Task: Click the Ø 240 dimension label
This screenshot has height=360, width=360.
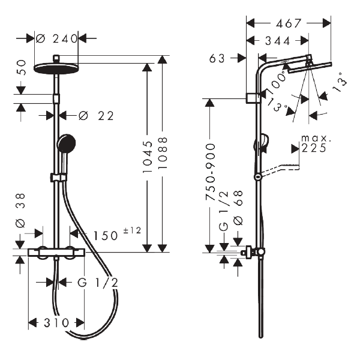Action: (57, 38)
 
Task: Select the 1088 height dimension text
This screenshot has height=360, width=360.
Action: (162, 154)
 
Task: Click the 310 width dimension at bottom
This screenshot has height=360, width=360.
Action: (56, 323)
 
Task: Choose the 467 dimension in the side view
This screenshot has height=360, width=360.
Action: (289, 23)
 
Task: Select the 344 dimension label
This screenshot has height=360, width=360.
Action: (278, 41)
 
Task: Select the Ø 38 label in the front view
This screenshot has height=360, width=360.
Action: (20, 213)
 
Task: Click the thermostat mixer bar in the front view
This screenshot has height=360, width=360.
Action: (56, 253)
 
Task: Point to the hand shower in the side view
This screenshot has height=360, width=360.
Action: (261, 144)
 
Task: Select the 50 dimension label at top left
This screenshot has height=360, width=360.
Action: (22, 67)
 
